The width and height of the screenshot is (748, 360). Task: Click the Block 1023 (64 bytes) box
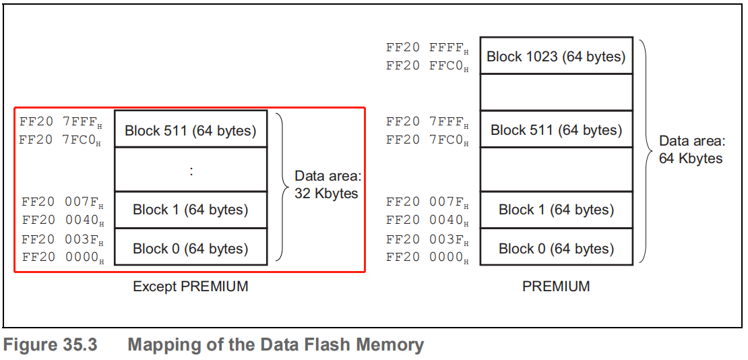click(556, 57)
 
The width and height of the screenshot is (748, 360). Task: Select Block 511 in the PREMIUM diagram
click(556, 129)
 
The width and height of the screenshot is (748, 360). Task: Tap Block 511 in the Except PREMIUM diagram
click(191, 130)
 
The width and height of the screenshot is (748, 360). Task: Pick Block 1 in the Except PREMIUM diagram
click(191, 210)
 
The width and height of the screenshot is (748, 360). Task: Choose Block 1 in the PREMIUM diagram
click(556, 210)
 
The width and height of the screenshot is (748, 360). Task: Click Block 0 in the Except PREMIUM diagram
click(191, 248)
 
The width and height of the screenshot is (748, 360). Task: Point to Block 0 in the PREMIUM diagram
click(556, 248)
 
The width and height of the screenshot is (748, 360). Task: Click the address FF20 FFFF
click(427, 48)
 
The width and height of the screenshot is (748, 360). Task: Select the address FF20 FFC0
click(427, 66)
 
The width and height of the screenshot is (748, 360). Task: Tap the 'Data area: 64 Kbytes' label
click(691, 150)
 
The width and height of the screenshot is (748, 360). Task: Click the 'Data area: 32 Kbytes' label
click(328, 185)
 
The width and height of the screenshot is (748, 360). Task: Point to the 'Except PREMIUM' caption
click(191, 287)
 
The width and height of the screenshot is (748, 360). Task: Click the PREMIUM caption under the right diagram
click(556, 287)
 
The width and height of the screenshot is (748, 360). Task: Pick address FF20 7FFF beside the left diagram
click(61, 122)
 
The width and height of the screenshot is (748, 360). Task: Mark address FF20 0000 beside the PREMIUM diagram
click(427, 258)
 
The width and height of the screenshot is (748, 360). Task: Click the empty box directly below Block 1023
click(556, 92)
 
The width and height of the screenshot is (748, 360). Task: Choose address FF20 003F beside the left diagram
click(62, 239)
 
